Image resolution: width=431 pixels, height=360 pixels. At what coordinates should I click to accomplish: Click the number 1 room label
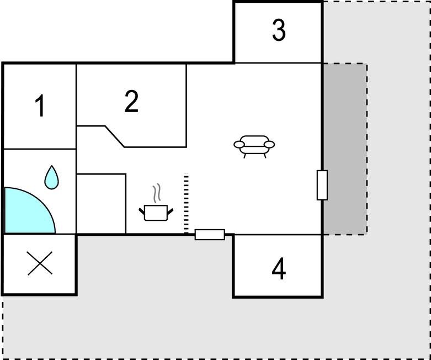[40, 105]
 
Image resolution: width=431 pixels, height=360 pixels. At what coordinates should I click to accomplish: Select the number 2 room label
[131, 101]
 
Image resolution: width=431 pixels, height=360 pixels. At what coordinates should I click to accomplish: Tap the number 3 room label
[279, 30]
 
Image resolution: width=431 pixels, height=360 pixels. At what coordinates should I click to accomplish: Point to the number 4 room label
[279, 268]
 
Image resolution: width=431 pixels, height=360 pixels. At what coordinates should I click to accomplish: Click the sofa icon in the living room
[254, 146]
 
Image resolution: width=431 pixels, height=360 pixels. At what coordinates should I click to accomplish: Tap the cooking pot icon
[156, 213]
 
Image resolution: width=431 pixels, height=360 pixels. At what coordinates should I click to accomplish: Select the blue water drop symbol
[51, 177]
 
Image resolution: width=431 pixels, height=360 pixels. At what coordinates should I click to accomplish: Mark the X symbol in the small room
[40, 263]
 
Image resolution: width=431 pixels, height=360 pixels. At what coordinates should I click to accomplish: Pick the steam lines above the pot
[157, 193]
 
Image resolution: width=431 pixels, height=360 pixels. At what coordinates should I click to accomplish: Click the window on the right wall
[322, 185]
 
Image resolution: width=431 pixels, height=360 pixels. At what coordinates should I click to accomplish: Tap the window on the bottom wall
[210, 235]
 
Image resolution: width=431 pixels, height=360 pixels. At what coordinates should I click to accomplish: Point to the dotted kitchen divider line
[187, 203]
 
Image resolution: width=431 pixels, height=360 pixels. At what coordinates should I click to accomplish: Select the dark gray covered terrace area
[345, 149]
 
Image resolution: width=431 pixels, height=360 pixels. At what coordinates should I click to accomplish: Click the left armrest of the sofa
[239, 144]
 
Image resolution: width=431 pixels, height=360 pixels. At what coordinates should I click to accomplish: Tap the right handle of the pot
[171, 211]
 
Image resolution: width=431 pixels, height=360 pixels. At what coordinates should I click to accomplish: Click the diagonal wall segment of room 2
[115, 136]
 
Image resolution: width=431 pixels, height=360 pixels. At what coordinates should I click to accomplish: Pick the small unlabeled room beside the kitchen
[101, 204]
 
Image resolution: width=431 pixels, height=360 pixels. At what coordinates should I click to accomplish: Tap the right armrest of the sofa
[269, 144]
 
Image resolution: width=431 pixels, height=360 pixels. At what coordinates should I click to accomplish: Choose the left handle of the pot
[142, 211]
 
